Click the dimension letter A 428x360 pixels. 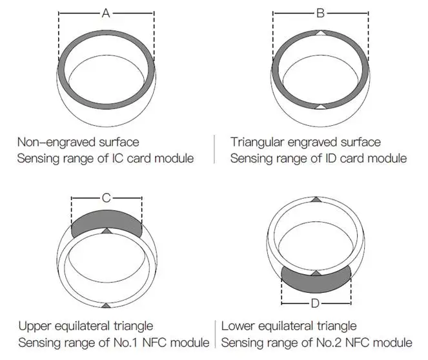tap(106, 14)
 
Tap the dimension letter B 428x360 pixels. tap(320, 14)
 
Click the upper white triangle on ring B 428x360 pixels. tap(321, 32)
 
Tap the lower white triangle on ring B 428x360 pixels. tap(321, 106)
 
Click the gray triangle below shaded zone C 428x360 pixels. tap(106, 230)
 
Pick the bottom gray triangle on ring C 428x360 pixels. tap(106, 305)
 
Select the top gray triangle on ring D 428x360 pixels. tap(316, 200)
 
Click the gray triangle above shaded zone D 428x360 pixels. tap(316, 273)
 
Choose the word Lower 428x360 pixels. tap(237, 326)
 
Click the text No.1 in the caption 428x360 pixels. tap(129, 343)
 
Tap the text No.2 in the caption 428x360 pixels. tap(332, 343)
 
